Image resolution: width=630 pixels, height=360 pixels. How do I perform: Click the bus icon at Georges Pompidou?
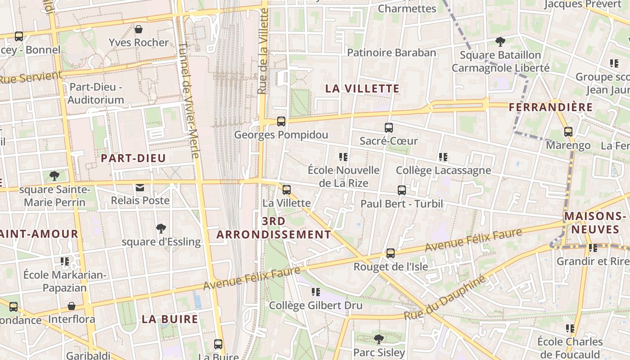281,121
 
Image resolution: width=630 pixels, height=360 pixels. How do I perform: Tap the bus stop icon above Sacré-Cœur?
389,128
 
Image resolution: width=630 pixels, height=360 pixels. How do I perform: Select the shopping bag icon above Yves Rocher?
139,30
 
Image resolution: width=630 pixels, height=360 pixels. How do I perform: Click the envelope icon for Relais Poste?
140,187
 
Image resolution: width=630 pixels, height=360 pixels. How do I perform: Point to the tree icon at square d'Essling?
161,229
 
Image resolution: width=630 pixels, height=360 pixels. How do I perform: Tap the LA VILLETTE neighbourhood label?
362,89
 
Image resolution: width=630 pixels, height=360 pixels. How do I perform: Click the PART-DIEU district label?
133,158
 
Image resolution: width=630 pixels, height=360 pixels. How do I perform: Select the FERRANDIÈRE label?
551,107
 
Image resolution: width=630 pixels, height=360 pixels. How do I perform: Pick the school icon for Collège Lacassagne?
443,157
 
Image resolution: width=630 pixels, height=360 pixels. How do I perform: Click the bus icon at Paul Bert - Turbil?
402,190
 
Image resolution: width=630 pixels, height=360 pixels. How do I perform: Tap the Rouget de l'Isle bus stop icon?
391,253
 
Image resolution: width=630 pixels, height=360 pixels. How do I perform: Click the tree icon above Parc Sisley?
379,339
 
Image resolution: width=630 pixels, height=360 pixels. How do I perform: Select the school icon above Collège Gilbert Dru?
315,292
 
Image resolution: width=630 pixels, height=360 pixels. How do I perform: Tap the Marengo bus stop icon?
568,132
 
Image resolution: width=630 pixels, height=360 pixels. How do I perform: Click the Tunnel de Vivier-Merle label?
189,100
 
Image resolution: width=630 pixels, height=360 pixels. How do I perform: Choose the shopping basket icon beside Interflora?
72,306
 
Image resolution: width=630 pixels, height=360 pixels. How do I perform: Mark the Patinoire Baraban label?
391,53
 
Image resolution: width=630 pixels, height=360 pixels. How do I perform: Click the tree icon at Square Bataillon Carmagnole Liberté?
500,42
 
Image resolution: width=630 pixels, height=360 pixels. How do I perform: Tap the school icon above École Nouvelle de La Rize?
343,157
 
